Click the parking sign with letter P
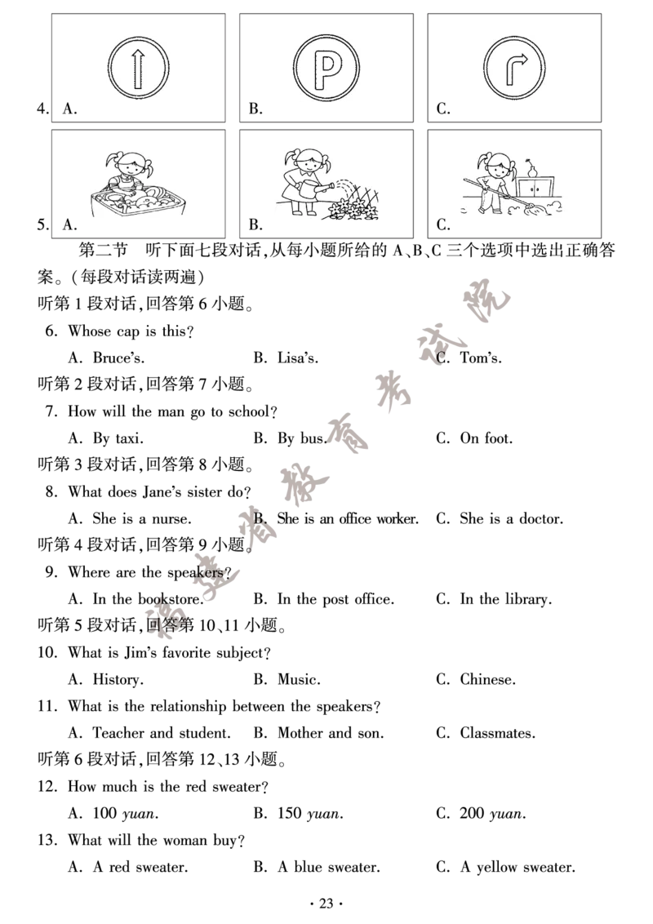[x=326, y=68]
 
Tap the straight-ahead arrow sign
[x=139, y=68]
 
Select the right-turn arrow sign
[x=514, y=68]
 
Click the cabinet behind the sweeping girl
[x=535, y=188]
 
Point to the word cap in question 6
[x=128, y=332]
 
